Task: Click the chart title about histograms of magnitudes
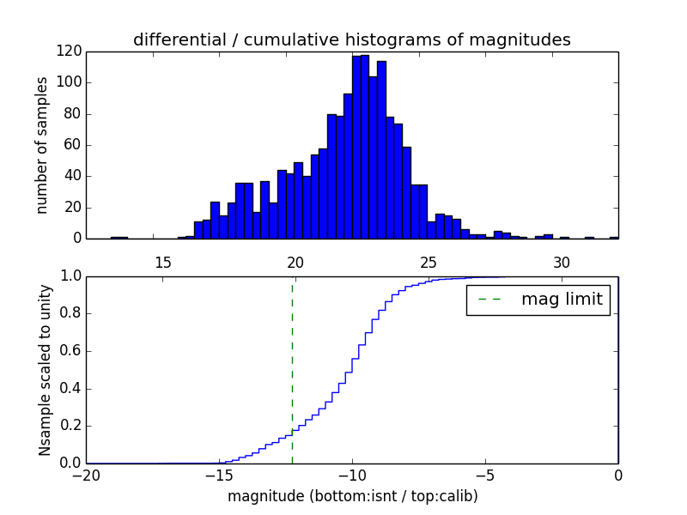pos(351,39)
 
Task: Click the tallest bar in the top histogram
pos(365,146)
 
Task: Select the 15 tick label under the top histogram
pos(162,263)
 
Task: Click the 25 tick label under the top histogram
pos(429,263)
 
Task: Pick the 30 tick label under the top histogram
pos(562,263)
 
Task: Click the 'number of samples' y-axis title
pos(42,145)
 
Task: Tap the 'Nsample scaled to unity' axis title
pos(45,370)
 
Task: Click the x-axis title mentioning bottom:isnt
pos(352,496)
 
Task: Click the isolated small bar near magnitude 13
pos(119,237)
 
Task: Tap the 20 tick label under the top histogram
pos(295,263)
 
